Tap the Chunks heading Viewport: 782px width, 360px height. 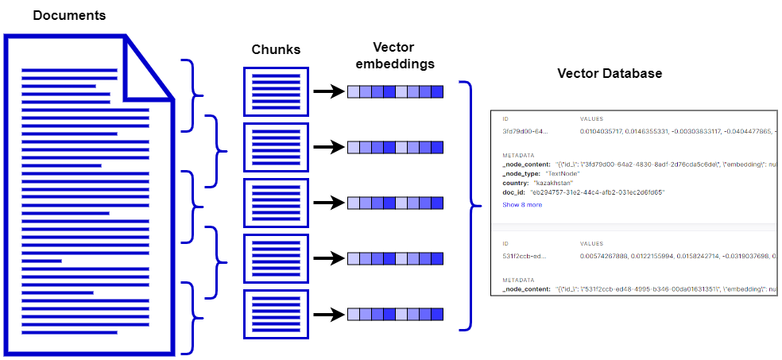tap(276, 49)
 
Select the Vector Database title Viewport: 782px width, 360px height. tap(610, 73)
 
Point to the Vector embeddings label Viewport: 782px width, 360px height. tap(395, 55)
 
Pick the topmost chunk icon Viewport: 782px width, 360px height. tap(275, 91)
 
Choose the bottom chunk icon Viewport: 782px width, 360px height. tap(275, 314)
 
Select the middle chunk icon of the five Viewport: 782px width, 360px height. tap(275, 203)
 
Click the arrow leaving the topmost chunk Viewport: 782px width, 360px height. tap(327, 91)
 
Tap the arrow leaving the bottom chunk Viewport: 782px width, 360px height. tap(327, 314)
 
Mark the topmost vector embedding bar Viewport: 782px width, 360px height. tap(395, 91)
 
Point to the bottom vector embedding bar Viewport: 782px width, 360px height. tap(395, 314)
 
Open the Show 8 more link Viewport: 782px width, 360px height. tap(522, 204)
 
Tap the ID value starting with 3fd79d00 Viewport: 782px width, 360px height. tap(525, 130)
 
